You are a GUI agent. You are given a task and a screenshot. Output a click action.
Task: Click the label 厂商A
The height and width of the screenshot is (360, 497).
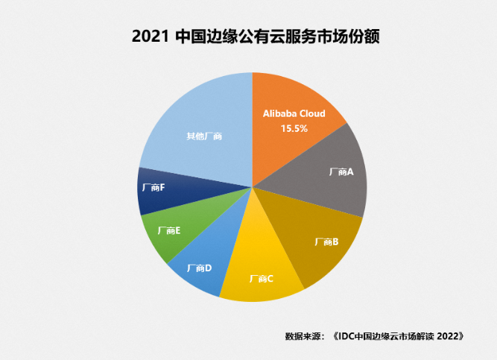(341, 171)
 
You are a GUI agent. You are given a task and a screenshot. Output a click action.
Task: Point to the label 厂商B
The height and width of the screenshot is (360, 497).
(327, 241)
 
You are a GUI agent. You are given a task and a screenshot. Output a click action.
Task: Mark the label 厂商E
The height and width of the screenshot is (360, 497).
(168, 231)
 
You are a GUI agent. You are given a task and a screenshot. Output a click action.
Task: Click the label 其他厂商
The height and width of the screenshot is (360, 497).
(203, 136)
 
